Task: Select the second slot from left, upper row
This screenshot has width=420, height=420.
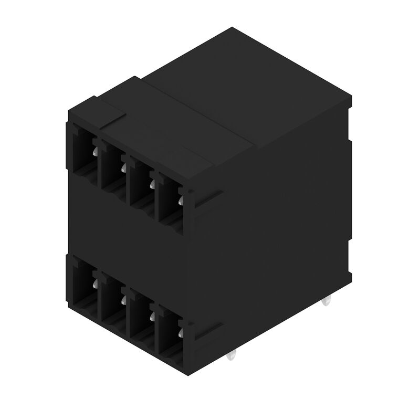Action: point(111,165)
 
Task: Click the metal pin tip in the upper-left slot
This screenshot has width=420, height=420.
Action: point(94,152)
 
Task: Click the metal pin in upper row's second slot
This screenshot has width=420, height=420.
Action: point(123,167)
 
